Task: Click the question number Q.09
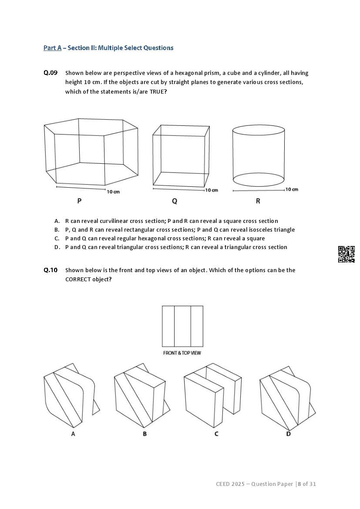click(50, 73)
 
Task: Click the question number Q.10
click(50, 270)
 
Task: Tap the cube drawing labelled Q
click(179, 155)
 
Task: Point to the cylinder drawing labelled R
click(259, 155)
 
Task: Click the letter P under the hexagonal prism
click(79, 201)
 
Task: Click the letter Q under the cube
click(175, 201)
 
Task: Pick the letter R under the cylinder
click(258, 201)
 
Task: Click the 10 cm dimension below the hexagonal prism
click(113, 192)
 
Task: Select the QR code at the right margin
click(347, 254)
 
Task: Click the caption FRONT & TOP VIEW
click(182, 353)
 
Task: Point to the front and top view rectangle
click(182, 326)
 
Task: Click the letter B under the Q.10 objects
click(145, 434)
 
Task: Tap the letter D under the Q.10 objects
click(288, 434)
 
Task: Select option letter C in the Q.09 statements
click(57, 239)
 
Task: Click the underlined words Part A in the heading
click(52, 48)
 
